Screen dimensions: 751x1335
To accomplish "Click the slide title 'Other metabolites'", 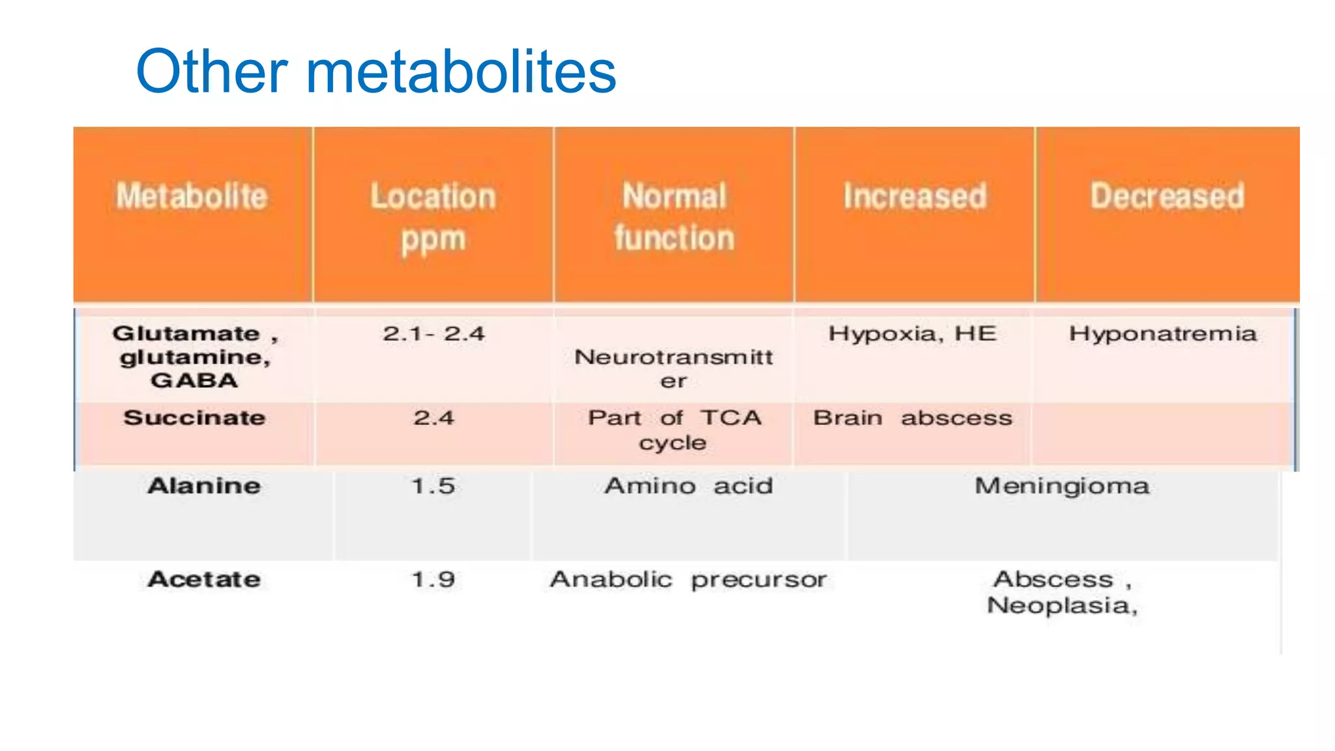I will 375,72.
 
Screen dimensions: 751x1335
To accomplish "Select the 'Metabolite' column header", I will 192,196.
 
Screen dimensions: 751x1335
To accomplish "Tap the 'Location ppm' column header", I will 433,216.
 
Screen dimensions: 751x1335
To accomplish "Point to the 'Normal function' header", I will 674,216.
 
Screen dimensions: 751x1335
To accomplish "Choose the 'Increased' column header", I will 915,196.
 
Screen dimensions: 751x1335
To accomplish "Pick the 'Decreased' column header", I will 1167,196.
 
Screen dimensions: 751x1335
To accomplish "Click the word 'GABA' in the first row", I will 194,381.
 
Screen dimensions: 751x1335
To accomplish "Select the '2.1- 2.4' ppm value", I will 433,334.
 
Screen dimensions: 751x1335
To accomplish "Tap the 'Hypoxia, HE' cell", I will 913,334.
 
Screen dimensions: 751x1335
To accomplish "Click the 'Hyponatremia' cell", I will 1163,334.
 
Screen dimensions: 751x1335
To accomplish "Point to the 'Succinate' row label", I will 194,418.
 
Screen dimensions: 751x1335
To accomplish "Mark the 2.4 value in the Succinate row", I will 433,418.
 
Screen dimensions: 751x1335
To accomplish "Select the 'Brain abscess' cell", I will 913,418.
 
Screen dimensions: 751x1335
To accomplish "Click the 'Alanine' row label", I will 204,486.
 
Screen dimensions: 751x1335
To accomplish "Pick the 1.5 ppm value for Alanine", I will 433,486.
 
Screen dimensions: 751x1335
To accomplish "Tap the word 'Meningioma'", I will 1062,486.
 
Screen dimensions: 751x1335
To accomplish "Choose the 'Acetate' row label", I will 204,580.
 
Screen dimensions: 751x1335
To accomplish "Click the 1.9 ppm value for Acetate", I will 433,580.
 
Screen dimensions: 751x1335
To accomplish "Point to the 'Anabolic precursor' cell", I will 688,580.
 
